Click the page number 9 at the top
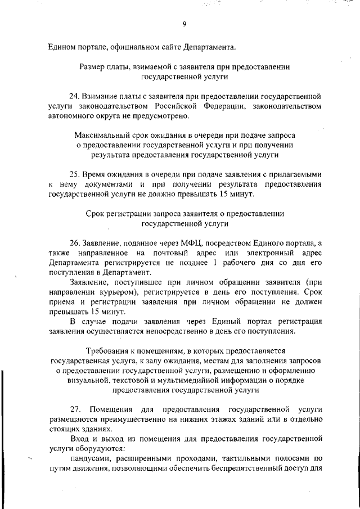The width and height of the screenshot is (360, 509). point(184,23)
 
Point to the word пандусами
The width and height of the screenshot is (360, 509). point(87,459)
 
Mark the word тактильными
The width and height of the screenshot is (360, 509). point(245,459)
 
